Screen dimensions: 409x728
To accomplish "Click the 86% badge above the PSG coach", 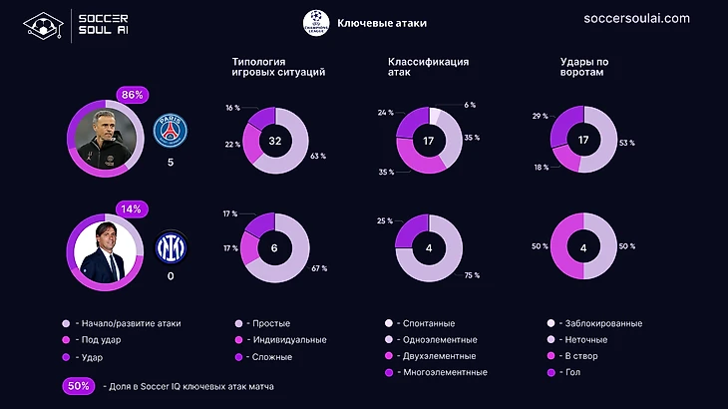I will coord(132,95).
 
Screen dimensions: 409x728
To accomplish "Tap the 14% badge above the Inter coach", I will coord(132,208).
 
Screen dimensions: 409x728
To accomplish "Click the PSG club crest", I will coord(171,131).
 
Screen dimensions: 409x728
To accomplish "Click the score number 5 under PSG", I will coord(171,162).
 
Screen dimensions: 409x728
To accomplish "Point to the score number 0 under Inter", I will coord(171,276).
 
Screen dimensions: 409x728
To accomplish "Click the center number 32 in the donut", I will coord(274,142).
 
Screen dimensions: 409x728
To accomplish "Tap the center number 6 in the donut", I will coord(274,247).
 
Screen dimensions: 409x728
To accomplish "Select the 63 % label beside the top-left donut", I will coord(318,157).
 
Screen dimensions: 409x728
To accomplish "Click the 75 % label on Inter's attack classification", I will coord(472,275).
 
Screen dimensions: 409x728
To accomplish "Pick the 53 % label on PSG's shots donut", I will coord(626,143).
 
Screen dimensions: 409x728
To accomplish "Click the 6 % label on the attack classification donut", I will coord(470,105).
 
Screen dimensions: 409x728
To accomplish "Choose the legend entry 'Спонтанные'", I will coord(426,323).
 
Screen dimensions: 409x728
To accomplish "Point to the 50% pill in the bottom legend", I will coord(80,386).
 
